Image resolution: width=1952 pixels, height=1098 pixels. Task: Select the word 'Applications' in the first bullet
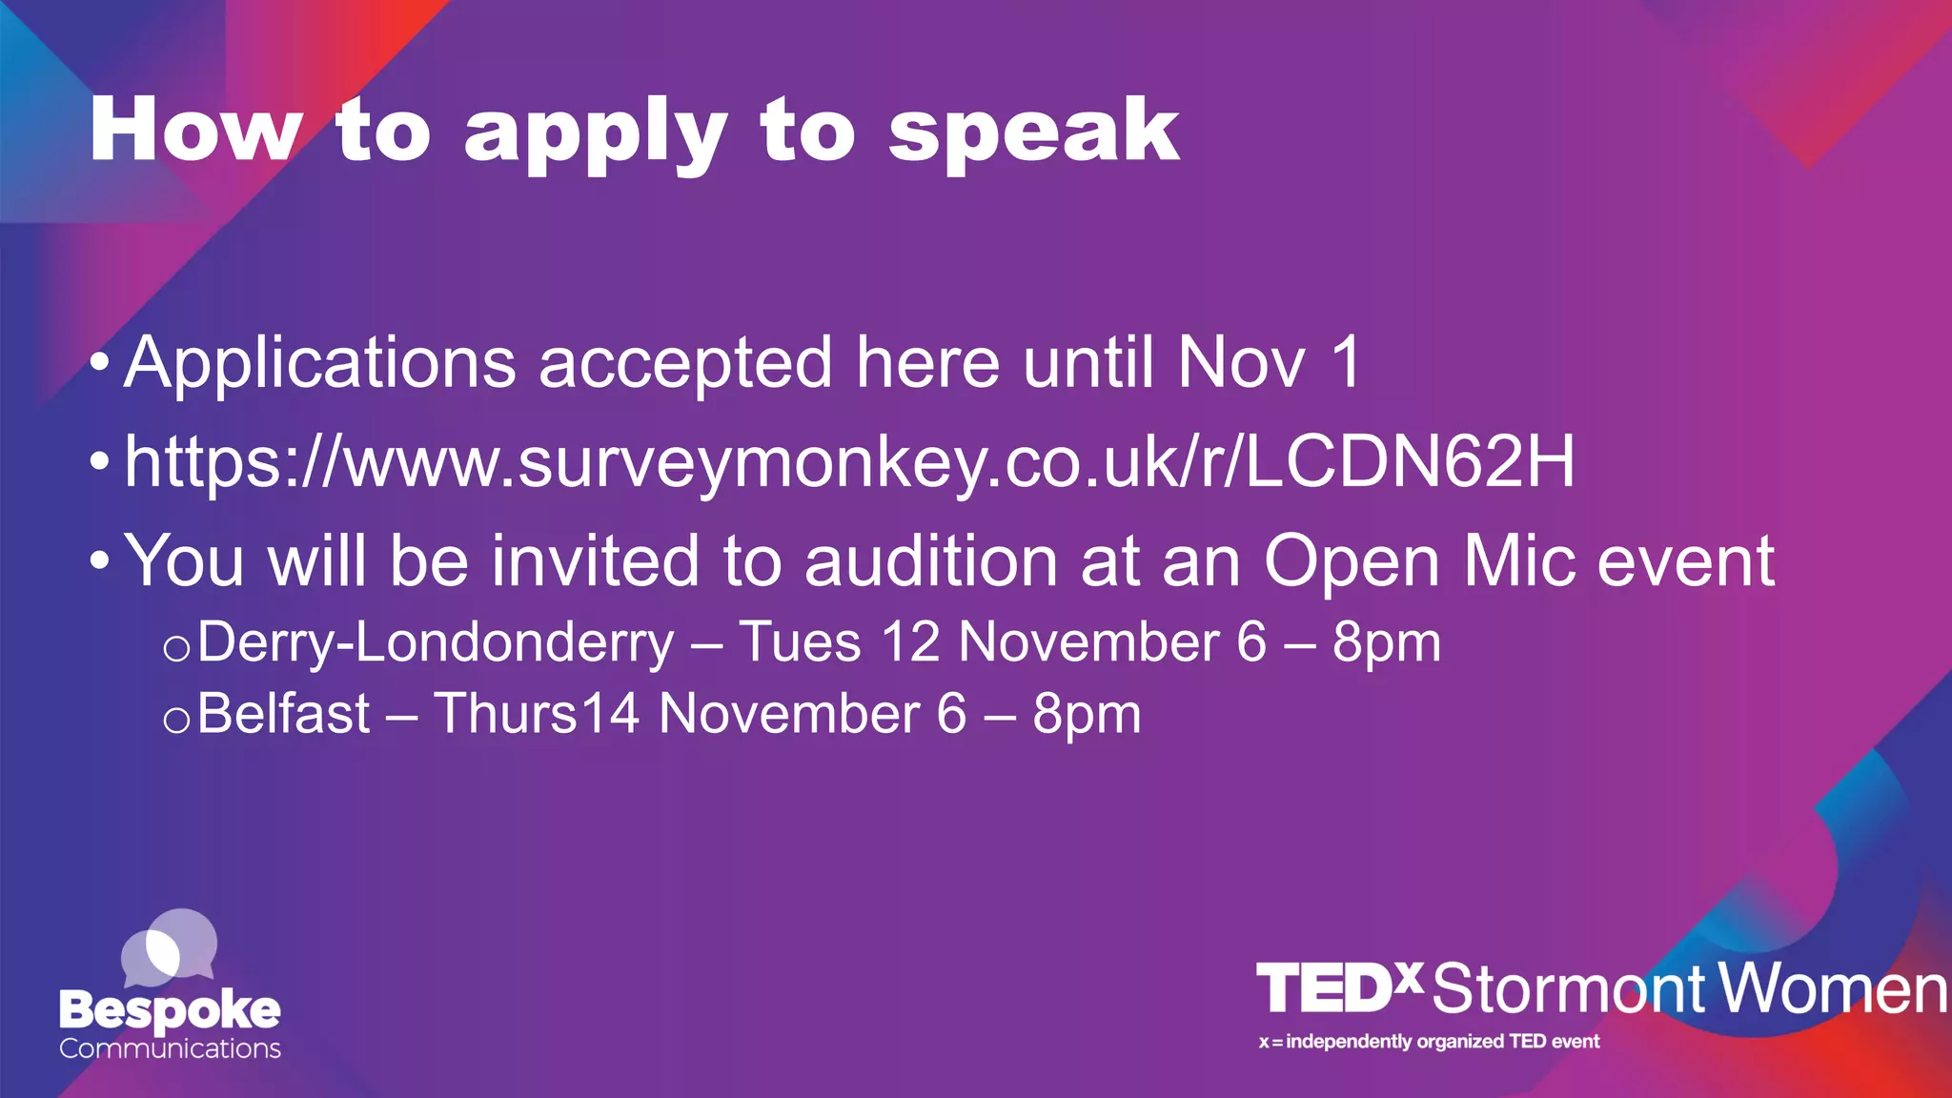click(320, 364)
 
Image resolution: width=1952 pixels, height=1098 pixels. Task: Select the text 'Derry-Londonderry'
click(436, 641)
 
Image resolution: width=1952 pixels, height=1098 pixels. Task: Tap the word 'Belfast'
click(284, 713)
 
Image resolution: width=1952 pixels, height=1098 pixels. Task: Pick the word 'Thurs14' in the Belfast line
click(536, 713)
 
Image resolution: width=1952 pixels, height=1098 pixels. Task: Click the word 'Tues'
click(800, 641)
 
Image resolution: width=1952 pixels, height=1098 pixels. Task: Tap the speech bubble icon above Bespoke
click(170, 947)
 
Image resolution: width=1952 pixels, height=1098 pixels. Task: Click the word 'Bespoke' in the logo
click(170, 1010)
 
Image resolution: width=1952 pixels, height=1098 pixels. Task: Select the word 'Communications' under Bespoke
click(170, 1048)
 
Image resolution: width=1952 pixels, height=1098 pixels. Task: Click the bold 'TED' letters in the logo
click(1325, 988)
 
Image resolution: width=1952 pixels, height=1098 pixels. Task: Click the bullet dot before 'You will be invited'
click(99, 561)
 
